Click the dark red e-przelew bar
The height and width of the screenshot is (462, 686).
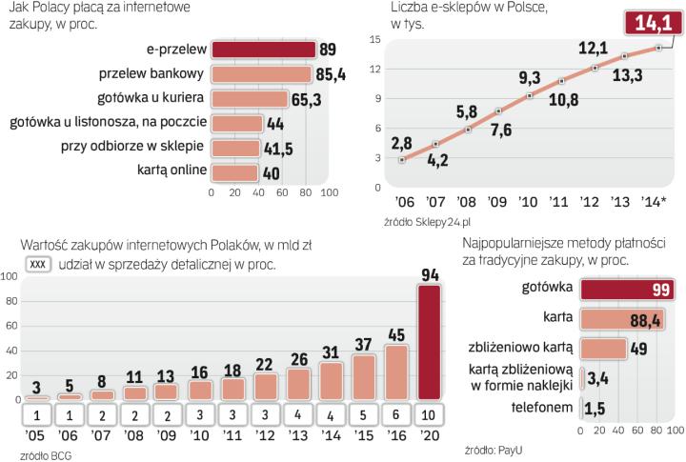tap(263, 50)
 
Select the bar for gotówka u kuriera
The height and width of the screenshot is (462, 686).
tap(250, 98)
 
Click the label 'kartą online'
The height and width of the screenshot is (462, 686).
tap(171, 171)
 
